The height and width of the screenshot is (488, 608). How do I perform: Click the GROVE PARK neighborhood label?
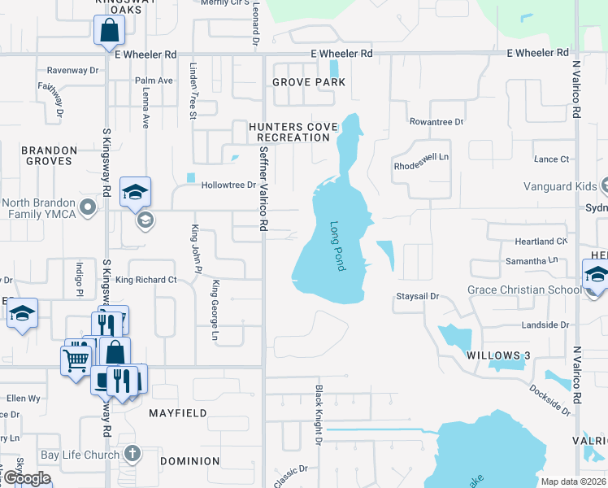click(309, 82)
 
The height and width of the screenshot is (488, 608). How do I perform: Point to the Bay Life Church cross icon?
click(133, 454)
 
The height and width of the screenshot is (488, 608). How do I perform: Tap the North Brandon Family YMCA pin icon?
click(89, 208)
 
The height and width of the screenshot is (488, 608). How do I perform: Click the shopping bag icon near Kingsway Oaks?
click(108, 33)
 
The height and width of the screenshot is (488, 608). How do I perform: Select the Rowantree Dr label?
click(436, 122)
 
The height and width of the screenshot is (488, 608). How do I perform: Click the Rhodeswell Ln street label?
click(421, 159)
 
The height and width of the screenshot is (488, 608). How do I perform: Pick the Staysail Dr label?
click(417, 297)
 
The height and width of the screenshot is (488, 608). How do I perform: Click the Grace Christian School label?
click(523, 290)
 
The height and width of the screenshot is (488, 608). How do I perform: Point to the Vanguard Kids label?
click(560, 186)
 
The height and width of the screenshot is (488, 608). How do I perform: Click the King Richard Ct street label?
click(146, 280)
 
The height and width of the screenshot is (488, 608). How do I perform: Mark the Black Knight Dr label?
click(319, 416)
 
